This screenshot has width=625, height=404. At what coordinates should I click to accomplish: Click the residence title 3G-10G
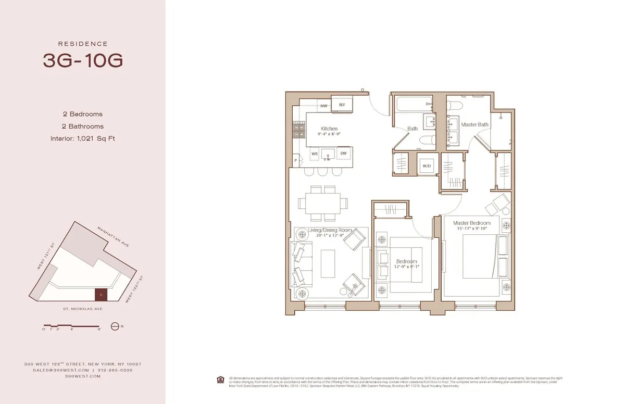(x=83, y=60)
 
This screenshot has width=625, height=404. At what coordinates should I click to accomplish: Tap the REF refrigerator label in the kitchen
(x=342, y=105)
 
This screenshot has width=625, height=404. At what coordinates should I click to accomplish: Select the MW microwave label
(x=323, y=106)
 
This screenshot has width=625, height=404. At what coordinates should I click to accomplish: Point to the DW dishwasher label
(x=344, y=154)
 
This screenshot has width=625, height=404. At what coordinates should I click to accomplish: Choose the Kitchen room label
(x=329, y=129)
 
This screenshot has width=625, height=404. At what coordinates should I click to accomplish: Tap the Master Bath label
(x=474, y=124)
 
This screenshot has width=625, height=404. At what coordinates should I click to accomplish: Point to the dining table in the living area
(x=322, y=203)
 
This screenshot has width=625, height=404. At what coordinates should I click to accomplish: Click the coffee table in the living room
(x=328, y=260)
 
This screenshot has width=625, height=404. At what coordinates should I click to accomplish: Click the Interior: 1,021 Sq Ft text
(x=83, y=138)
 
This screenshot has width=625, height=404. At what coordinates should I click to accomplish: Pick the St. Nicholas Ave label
(x=83, y=309)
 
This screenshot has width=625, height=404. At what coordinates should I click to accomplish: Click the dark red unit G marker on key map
(x=101, y=295)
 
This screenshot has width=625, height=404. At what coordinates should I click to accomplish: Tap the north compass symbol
(x=115, y=326)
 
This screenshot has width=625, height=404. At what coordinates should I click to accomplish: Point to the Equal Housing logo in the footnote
(x=221, y=378)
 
